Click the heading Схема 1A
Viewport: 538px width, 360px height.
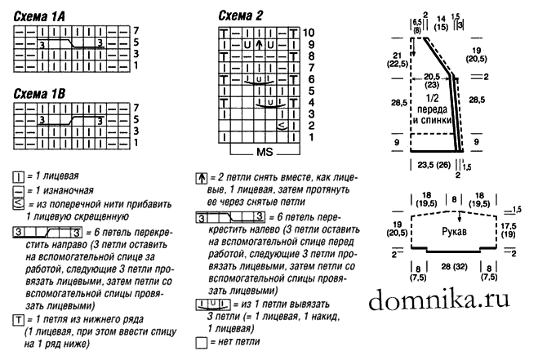(39, 16)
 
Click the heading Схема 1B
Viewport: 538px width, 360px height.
(39, 94)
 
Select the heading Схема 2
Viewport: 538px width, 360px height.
(241, 16)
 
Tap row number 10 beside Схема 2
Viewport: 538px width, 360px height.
(309, 33)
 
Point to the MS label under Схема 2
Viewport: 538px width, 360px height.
(265, 152)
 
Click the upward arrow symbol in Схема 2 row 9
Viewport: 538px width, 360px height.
(259, 45)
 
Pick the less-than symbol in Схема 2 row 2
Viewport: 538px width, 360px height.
(282, 126)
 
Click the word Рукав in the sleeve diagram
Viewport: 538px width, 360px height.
(454, 232)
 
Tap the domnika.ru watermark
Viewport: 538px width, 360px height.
(439, 300)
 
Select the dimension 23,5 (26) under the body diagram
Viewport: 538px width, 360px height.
(434, 165)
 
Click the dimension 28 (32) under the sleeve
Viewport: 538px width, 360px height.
(454, 266)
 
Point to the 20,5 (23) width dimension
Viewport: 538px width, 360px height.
(432, 81)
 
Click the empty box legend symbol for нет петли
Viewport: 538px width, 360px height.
(202, 343)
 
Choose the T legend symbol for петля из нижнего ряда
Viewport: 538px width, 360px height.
(18, 321)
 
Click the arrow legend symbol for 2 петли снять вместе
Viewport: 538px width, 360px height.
(202, 179)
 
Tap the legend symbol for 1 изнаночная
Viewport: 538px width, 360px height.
(18, 191)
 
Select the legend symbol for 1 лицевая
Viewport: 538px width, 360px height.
(18, 177)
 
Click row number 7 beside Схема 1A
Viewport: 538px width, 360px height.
(136, 31)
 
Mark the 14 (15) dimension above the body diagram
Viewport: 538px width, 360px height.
(441, 23)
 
